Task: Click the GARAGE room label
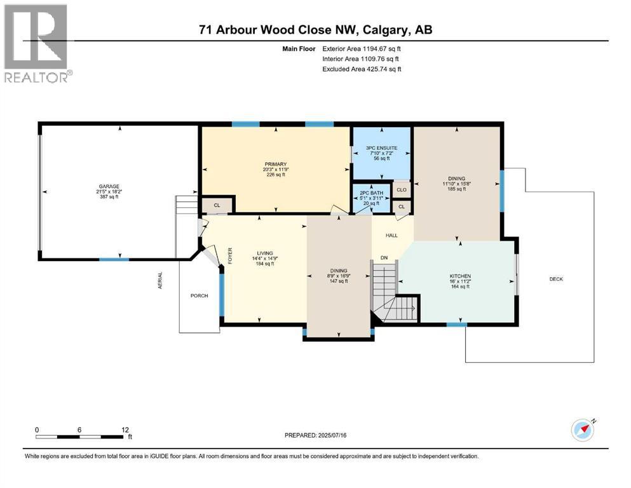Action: (108, 187)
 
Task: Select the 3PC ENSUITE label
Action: (381, 151)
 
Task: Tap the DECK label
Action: (557, 279)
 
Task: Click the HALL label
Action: (391, 235)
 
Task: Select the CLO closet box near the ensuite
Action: (402, 189)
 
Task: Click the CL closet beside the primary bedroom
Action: (217, 205)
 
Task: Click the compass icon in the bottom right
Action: (582, 430)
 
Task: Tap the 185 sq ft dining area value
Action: (456, 189)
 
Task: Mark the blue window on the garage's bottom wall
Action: (114, 259)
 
